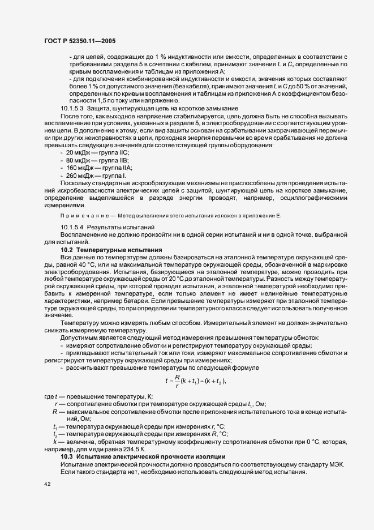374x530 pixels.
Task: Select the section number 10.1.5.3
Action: tap(72, 108)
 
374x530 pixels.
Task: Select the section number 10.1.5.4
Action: tap(72, 227)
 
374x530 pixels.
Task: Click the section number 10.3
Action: tap(66, 456)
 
